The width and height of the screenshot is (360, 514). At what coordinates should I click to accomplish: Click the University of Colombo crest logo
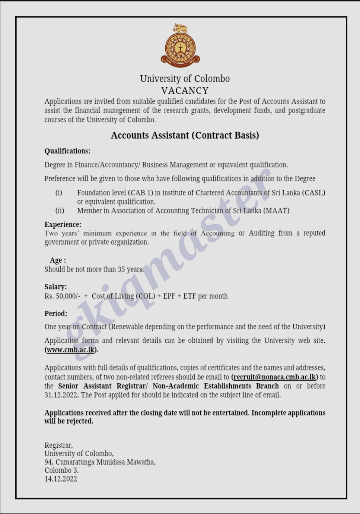point(180,46)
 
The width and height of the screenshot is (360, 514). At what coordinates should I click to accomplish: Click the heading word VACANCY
point(185,91)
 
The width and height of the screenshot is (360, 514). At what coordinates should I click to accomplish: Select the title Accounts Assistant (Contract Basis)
point(185,135)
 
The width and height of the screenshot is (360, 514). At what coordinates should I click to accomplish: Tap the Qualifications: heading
point(67,151)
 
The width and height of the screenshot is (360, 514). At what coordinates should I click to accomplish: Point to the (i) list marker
point(59,193)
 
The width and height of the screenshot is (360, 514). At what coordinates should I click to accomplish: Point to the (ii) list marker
point(60,210)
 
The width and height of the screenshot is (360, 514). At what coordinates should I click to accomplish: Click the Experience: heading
point(63,224)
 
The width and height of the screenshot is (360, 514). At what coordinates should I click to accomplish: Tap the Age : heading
point(58,260)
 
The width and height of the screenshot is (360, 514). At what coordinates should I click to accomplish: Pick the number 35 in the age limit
point(121,269)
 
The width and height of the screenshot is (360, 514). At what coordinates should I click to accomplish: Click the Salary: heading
point(56,286)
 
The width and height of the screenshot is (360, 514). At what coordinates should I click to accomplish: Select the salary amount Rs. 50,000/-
point(62,296)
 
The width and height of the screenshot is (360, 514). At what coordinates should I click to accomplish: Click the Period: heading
point(56,313)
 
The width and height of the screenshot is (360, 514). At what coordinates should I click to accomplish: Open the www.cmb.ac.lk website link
point(71,350)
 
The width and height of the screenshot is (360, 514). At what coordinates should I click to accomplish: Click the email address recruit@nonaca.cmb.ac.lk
point(274,377)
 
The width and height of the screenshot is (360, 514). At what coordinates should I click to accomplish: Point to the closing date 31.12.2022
point(61,395)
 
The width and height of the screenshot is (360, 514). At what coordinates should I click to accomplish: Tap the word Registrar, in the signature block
point(58,445)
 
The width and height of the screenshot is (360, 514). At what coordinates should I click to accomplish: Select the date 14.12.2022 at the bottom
point(61,479)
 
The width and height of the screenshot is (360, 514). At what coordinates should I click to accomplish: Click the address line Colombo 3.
point(61,470)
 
